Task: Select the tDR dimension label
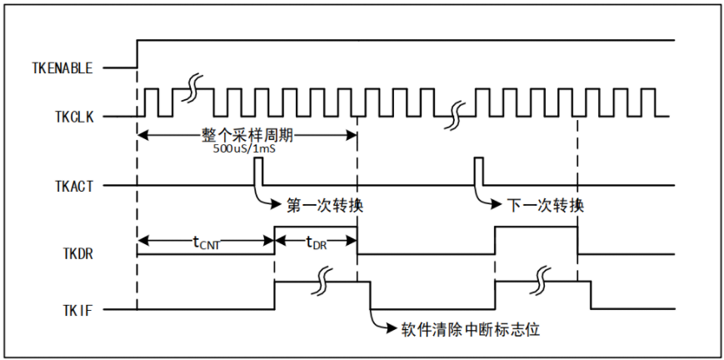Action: [x=316, y=242]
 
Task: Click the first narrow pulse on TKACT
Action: [x=258, y=171]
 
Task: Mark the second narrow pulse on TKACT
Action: [x=478, y=171]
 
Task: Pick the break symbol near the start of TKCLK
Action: [x=193, y=87]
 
